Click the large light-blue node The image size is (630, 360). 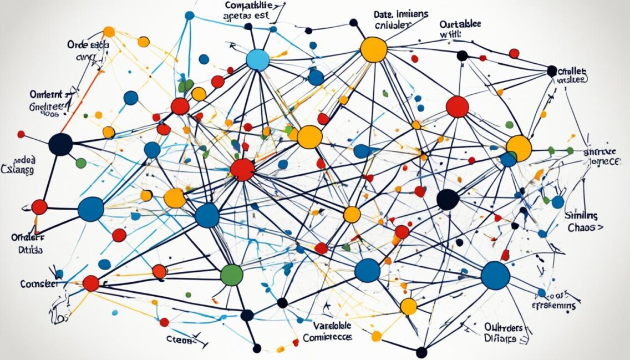coord(257,59)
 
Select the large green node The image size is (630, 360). coord(232,275)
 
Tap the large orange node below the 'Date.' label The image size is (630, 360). coord(373,49)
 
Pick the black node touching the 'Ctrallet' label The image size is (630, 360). coord(552,71)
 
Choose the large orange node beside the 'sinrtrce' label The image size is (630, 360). coord(519,148)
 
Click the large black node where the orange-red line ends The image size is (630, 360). coord(60,144)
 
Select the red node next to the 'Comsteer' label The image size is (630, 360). coord(91,283)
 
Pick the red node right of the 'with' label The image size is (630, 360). coord(514,53)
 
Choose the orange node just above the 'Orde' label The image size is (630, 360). coord(109,32)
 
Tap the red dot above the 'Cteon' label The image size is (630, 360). coord(164,322)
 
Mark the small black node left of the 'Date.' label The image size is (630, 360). coord(353,23)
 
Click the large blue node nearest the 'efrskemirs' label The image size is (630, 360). coord(495,275)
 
